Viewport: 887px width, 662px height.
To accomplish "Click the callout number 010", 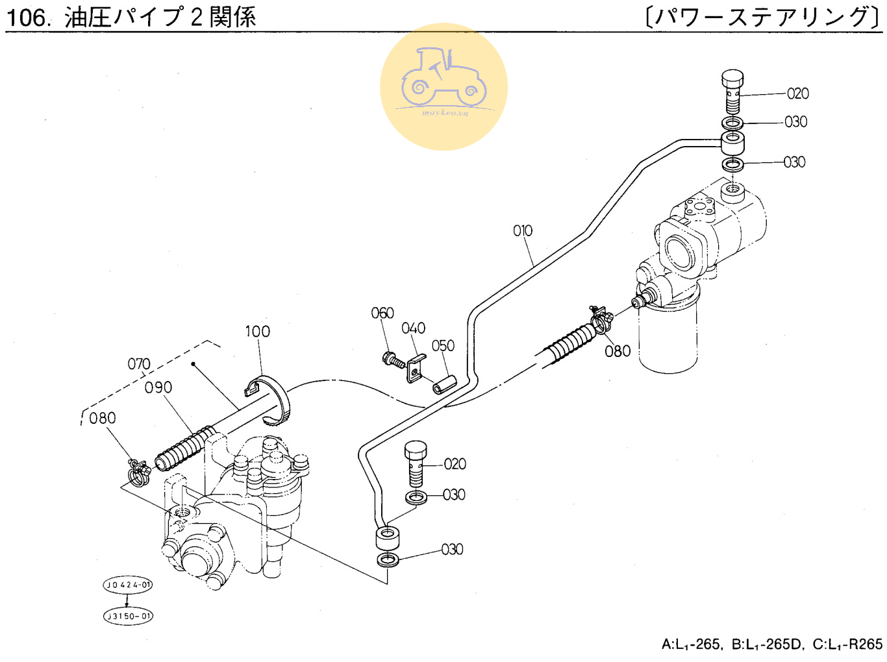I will pyautogui.click(x=522, y=230).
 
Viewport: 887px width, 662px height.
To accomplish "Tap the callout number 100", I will pyautogui.click(x=257, y=331).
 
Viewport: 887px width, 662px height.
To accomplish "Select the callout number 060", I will pyautogui.click(x=382, y=313).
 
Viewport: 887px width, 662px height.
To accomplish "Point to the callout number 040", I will pyautogui.click(x=413, y=328).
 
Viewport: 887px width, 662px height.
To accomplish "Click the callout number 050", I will pyautogui.click(x=443, y=345).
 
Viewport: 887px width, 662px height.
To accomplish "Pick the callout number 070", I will pyautogui.click(x=139, y=363).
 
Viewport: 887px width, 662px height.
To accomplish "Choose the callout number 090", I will pyautogui.click(x=158, y=387).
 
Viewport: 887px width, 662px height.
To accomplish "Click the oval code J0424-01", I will pyautogui.click(x=128, y=585).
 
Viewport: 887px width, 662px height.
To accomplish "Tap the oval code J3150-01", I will pyautogui.click(x=128, y=616).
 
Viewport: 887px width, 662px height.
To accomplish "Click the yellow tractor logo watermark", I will pyautogui.click(x=443, y=86).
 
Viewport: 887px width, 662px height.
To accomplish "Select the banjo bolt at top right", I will pyautogui.click(x=732, y=91).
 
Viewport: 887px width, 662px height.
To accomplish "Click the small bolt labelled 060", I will pyautogui.click(x=392, y=359).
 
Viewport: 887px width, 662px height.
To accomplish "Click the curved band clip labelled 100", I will pyautogui.click(x=271, y=398).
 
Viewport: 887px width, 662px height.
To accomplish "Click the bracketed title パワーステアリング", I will pyautogui.click(x=763, y=17).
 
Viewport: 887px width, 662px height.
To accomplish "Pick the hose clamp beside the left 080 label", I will pyautogui.click(x=139, y=472).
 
